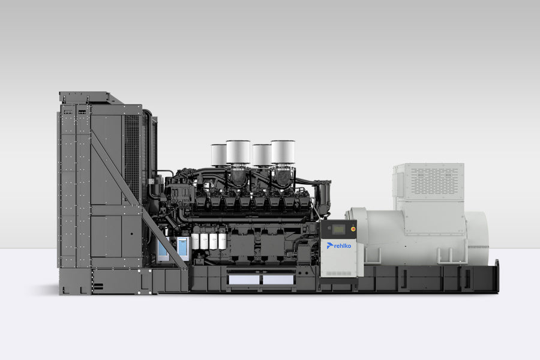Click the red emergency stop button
[x=353, y=229]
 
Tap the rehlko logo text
[x=343, y=246]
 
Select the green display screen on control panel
[x=338, y=229]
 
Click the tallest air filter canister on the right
[x=283, y=152]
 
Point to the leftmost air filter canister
[x=218, y=155]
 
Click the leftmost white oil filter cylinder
[x=195, y=241]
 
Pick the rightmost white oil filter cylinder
[x=222, y=241]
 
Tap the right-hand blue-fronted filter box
[x=183, y=248]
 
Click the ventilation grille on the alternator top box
[x=434, y=180]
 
